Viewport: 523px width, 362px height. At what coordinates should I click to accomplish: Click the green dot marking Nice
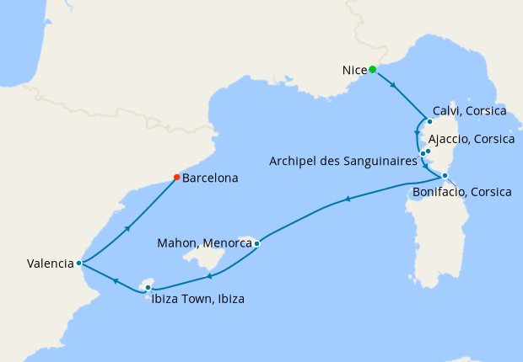(x=372, y=70)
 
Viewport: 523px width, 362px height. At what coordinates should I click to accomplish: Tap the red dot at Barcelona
(x=175, y=177)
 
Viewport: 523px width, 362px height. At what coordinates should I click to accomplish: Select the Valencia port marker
(x=78, y=263)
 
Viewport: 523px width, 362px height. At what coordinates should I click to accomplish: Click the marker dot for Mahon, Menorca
(x=256, y=243)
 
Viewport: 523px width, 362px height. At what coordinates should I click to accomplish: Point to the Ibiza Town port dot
(x=148, y=288)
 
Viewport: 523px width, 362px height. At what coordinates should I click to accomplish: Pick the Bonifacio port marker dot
(x=445, y=176)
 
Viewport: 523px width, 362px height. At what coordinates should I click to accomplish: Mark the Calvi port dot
(x=429, y=121)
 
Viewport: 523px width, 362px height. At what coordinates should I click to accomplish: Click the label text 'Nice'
(x=354, y=70)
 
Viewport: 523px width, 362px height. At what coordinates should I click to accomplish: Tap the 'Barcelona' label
(x=210, y=178)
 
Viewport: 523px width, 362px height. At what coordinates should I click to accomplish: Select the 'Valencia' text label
(x=50, y=264)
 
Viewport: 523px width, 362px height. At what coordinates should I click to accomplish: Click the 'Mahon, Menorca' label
(x=206, y=243)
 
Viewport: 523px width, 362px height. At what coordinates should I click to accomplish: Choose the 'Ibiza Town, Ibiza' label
(x=199, y=298)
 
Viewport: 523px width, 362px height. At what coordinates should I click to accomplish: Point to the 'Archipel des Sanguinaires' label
(x=343, y=161)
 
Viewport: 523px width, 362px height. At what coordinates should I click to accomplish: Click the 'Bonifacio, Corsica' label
(x=461, y=192)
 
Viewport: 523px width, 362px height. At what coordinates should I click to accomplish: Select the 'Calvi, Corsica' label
(x=469, y=111)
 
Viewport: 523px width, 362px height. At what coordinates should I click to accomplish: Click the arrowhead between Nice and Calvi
(x=393, y=85)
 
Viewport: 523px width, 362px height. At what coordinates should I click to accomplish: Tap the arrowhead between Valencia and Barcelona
(x=127, y=227)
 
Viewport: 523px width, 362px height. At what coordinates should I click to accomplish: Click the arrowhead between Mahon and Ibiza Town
(x=208, y=275)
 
